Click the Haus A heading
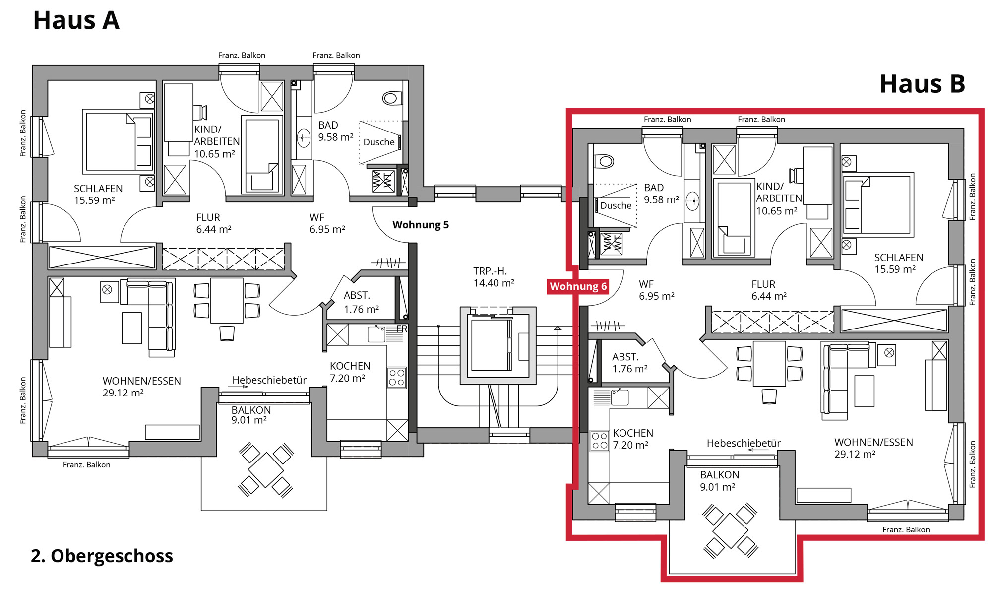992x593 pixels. [76, 20]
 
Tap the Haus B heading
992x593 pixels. [922, 84]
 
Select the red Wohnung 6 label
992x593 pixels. [578, 286]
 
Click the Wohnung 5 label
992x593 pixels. [421, 225]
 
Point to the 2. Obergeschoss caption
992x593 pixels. [102, 556]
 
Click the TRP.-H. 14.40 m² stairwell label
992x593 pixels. [494, 277]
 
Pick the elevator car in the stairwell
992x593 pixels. [491, 345]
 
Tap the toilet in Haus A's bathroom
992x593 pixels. [392, 98]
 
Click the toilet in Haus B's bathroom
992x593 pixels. [604, 161]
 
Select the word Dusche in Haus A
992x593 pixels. [379, 142]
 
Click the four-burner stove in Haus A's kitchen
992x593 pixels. [397, 378]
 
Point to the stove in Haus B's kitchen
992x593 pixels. [600, 441]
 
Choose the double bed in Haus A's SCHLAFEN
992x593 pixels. [118, 141]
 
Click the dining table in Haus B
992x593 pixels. [769, 363]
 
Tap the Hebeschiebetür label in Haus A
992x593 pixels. [269, 380]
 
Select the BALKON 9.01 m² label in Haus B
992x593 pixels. [719, 481]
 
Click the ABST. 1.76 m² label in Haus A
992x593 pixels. [361, 302]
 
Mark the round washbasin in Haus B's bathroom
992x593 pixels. [692, 201]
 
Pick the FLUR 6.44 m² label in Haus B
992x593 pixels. [769, 290]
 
